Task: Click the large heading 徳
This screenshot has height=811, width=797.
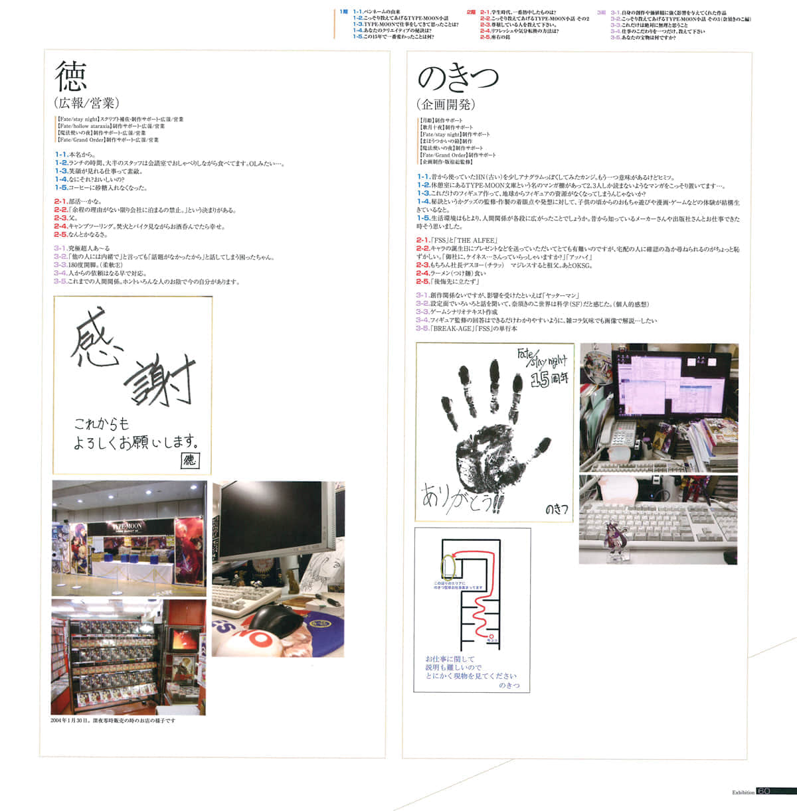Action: point(71,76)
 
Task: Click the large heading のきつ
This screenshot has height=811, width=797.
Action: point(458,78)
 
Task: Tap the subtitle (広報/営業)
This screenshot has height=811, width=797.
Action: point(86,103)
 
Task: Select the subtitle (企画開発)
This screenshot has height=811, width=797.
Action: point(446,104)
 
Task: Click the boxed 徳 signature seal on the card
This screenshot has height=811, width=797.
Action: point(190,460)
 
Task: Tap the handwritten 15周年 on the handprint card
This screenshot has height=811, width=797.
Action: point(549,380)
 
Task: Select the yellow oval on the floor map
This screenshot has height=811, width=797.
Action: point(446,568)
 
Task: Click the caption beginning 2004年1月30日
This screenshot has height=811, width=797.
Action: point(113,721)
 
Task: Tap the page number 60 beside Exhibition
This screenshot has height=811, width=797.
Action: point(763,791)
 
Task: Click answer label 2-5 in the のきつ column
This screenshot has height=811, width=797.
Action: point(422,281)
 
